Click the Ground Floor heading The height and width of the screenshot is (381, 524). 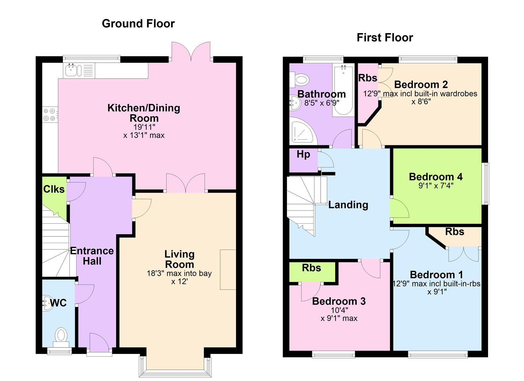(138, 24)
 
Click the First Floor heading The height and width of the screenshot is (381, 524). (385, 38)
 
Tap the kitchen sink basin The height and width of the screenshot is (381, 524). (71, 70)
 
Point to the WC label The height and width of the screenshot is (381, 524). (58, 303)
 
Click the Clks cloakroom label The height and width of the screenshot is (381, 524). (54, 189)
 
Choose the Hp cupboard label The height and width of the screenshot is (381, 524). (303, 155)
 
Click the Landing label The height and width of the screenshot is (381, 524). (348, 205)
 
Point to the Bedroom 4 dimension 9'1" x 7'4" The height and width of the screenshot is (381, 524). (436, 186)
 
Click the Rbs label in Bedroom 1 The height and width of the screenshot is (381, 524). (454, 231)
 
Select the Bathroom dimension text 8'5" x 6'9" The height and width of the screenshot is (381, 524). (322, 103)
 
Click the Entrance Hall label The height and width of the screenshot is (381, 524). (92, 256)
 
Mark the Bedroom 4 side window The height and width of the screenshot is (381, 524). (486, 183)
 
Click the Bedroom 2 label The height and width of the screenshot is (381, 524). (421, 84)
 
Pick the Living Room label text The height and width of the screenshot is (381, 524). (179, 259)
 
